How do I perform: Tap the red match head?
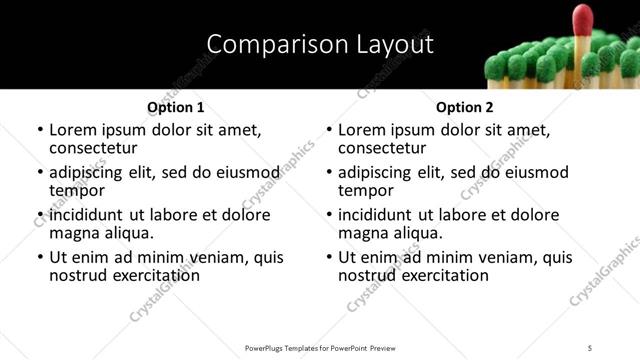pos(582,19)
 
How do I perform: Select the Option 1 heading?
pos(176,107)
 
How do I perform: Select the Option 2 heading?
pos(465,107)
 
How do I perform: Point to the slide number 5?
pos(591,347)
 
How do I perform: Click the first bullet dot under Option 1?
pos(40,131)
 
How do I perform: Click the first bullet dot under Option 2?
pos(329,131)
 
